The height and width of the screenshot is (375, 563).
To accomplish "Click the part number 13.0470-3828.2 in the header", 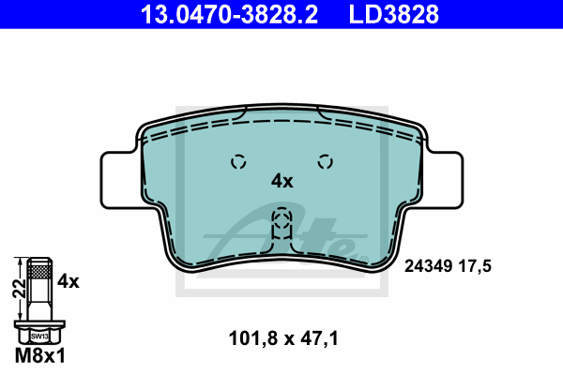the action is tap(229, 14).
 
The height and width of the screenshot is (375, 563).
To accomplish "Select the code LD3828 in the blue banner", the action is tap(394, 14).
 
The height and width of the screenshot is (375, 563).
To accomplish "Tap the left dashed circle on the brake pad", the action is tap(238, 162).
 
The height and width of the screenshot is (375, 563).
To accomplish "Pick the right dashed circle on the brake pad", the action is tap(326, 162).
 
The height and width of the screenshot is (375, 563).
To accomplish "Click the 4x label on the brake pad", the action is tap(281, 181).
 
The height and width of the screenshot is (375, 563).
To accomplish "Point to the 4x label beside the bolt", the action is tap(68, 281).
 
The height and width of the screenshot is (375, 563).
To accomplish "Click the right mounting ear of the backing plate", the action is tap(444, 180).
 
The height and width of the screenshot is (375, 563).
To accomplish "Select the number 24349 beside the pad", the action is tap(428, 266).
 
